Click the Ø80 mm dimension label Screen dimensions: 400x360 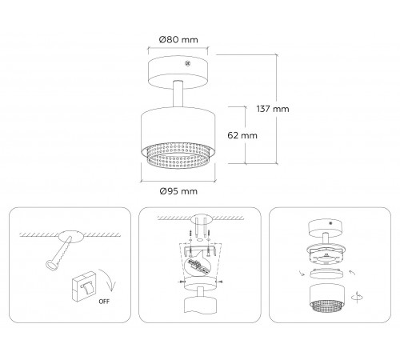coord(178,40)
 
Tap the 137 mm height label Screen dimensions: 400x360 coord(273,109)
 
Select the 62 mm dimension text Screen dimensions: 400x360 coord(242,135)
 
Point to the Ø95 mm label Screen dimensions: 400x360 coord(178,191)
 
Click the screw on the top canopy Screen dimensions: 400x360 coord(187,63)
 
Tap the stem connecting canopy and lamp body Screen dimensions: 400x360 coord(178,94)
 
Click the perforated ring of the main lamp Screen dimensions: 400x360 coord(178,156)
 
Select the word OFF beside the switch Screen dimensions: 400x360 coord(104,302)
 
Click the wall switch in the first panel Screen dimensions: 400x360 coord(83,286)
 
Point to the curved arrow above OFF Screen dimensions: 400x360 coord(110,280)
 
